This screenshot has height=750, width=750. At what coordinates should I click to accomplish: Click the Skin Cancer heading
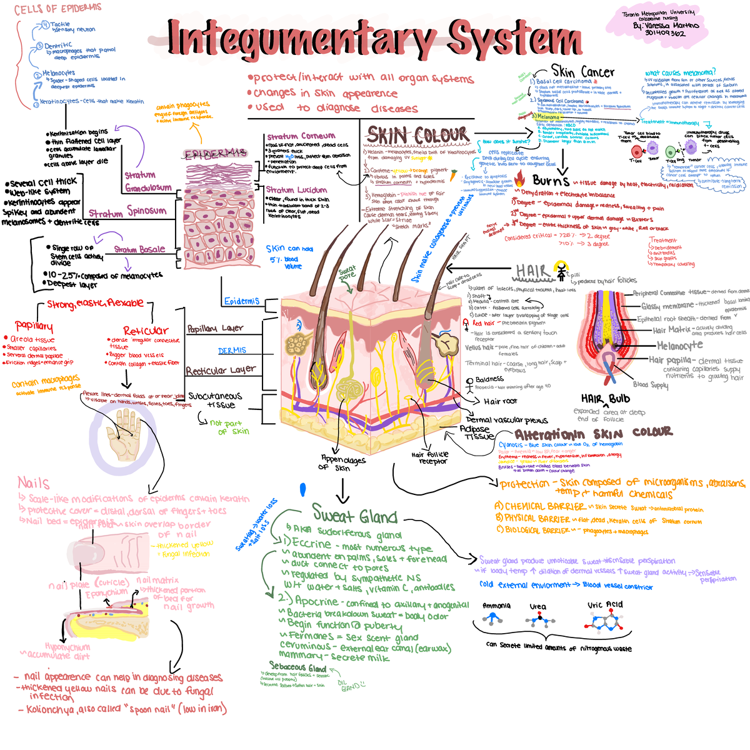pyautogui.click(x=582, y=72)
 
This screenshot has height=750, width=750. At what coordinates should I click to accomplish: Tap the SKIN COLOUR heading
pyautogui.click(x=417, y=135)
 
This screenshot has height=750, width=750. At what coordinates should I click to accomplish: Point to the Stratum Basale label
pyautogui.click(x=139, y=250)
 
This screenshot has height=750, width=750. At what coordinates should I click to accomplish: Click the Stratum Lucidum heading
pyautogui.click(x=296, y=190)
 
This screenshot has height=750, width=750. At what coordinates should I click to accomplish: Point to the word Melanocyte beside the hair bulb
pyautogui.click(x=679, y=346)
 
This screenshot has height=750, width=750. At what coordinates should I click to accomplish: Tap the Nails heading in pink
pyautogui.click(x=34, y=483)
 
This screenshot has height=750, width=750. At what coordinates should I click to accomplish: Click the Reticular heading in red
pyautogui.click(x=146, y=331)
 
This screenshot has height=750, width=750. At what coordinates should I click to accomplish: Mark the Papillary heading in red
pyautogui.click(x=34, y=326)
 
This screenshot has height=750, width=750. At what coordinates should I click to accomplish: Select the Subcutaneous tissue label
pyautogui.click(x=214, y=400)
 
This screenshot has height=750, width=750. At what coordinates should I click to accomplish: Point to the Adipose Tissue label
pyautogui.click(x=478, y=432)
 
